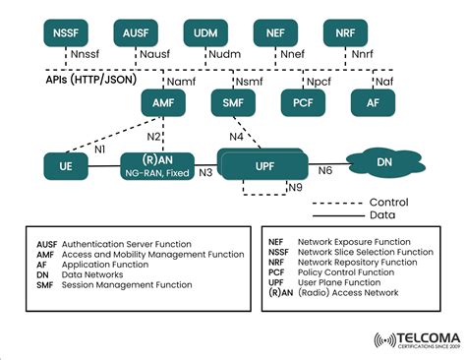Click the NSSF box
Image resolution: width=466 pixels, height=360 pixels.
(x=69, y=33)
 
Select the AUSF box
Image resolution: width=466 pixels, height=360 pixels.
(x=137, y=33)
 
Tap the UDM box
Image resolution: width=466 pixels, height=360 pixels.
(x=205, y=33)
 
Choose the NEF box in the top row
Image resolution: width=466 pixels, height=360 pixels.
(x=275, y=33)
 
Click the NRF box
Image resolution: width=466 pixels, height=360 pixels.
(x=345, y=33)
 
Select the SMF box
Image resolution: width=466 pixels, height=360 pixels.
(x=233, y=101)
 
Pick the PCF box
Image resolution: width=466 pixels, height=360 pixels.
(x=303, y=101)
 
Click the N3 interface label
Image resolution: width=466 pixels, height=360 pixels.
(x=205, y=173)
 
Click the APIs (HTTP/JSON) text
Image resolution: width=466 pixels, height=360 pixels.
(x=89, y=82)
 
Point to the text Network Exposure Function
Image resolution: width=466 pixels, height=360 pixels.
(x=351, y=241)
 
